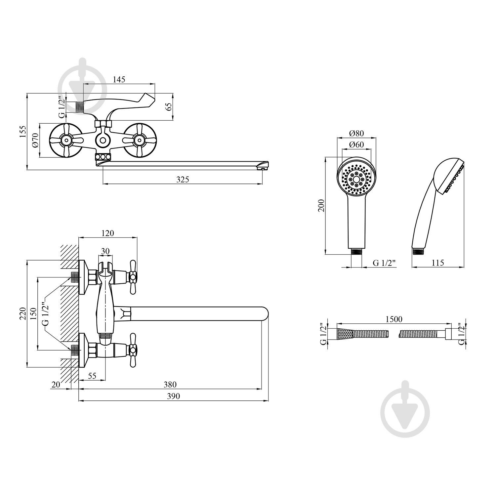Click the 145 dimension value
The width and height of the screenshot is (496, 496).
coord(119,80)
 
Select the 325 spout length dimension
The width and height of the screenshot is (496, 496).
coord(182,180)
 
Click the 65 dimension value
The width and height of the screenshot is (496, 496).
coord(169,107)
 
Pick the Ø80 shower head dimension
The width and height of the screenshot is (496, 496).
coord(356,134)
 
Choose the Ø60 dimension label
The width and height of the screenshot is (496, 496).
coord(356,145)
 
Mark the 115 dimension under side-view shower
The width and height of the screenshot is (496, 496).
coord(437,263)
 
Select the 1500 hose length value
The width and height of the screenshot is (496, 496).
coord(394,319)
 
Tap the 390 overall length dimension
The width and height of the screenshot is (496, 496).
coord(173,396)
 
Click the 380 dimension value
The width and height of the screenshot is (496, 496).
coord(170,385)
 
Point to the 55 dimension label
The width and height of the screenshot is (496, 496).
coord(92,376)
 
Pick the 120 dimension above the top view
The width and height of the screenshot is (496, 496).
coord(107,233)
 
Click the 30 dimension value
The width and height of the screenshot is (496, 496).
coord(105,251)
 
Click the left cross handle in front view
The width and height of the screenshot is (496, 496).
coord(66,140)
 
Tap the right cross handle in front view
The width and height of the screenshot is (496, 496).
coord(139,140)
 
